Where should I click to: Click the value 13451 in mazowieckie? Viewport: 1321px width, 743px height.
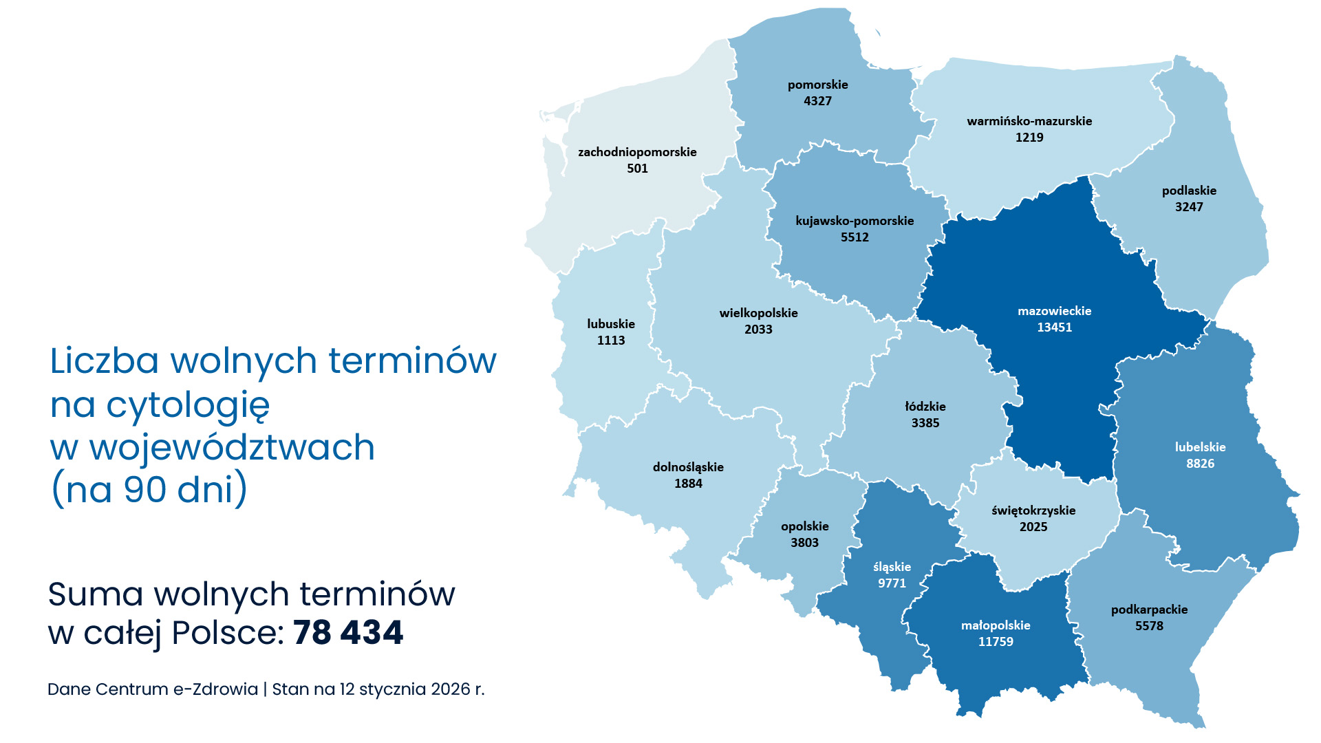[1054, 327]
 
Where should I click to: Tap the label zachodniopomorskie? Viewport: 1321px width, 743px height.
[637, 152]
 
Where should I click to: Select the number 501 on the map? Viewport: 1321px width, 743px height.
[637, 169]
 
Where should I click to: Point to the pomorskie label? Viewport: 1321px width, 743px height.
[817, 85]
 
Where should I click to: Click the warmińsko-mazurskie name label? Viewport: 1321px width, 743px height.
[1029, 121]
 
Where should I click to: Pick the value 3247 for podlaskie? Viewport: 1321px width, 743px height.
[1189, 207]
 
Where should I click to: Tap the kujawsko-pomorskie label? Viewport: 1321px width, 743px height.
[855, 221]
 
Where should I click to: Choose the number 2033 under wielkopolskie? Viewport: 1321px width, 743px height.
[758, 330]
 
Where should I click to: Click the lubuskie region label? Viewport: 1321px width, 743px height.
[611, 324]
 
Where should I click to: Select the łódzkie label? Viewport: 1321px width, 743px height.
[925, 407]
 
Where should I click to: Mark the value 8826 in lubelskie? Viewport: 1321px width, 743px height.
[1200, 464]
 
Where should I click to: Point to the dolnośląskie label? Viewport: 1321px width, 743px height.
[688, 467]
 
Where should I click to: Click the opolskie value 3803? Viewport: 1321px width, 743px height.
[804, 543]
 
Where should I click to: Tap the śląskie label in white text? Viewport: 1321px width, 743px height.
[892, 567]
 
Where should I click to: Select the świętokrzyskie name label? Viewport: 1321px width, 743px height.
[1033, 510]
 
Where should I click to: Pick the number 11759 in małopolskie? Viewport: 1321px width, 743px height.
[996, 642]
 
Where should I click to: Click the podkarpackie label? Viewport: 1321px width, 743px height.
[1149, 610]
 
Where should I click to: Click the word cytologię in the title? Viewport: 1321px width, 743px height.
[188, 405]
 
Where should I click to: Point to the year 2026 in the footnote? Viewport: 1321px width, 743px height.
[450, 689]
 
